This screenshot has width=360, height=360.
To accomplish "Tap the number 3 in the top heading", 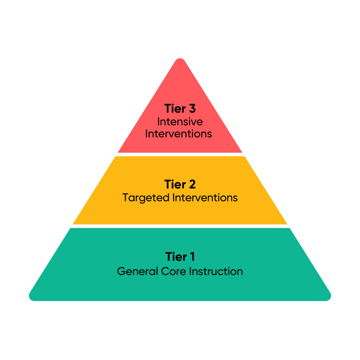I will pyautogui.click(x=192, y=109).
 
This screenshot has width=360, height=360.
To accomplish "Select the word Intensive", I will pyautogui.click(x=180, y=122).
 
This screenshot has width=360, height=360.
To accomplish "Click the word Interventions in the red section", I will pyautogui.click(x=179, y=134).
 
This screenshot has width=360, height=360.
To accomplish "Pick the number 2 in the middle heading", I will pyautogui.click(x=192, y=184).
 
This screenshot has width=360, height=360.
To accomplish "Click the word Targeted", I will pyautogui.click(x=146, y=198).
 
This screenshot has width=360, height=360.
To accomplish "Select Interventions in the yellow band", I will pyautogui.click(x=205, y=198).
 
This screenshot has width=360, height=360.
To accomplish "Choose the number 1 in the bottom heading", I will pyautogui.click(x=192, y=257).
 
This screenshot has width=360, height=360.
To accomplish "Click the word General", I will pyautogui.click(x=137, y=271).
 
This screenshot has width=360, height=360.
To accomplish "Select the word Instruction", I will pyautogui.click(x=216, y=271).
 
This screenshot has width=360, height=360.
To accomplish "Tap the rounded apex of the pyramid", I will pyautogui.click(x=180, y=61).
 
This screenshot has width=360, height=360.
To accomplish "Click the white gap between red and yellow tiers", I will pyautogui.click(x=180, y=154).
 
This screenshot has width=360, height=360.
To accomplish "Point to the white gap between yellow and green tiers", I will pyautogui.click(x=180, y=226).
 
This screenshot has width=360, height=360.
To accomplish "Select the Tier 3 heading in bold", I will pyautogui.click(x=180, y=109).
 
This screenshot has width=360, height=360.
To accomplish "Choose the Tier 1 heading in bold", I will pyautogui.click(x=180, y=257).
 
